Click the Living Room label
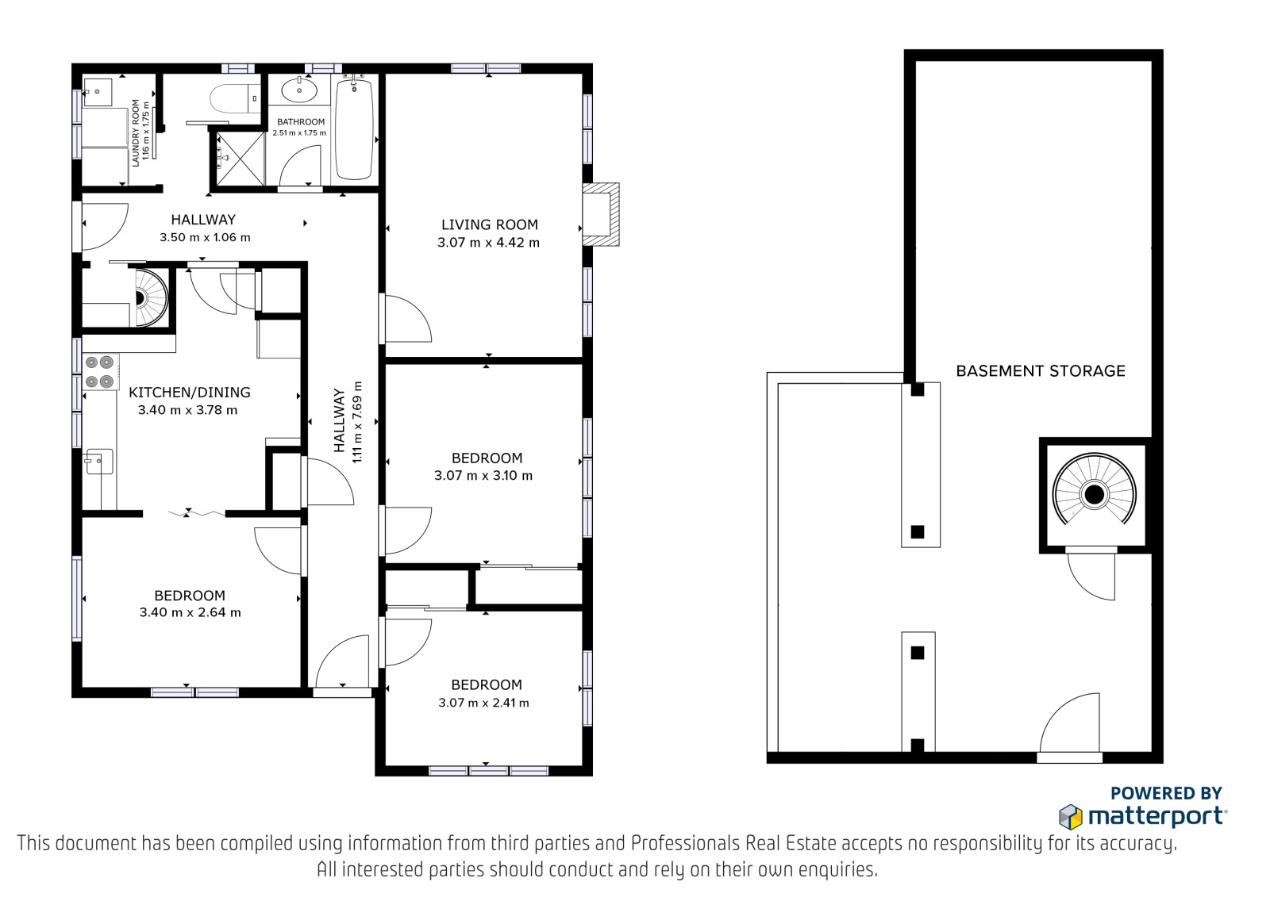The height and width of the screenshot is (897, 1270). pos(490,225)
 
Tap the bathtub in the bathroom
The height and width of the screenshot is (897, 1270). pos(354,129)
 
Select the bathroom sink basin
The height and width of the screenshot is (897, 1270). pos(298,90)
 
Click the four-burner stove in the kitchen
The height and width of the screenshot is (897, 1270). pos(101,372)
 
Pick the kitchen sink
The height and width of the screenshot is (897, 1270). pos(98,462)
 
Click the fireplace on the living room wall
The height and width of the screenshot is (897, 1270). pos(602,214)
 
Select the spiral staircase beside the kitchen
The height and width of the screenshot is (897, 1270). pos(151,297)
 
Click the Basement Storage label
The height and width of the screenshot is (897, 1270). pos(1041,371)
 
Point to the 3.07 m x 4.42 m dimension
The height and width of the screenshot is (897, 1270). pos(488,243)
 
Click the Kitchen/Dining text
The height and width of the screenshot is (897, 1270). pos(190,392)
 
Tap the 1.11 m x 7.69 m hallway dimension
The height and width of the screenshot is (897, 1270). pos(357,422)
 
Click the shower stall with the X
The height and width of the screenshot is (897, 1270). pos(241,159)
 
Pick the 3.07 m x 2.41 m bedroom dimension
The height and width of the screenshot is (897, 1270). pos(483,703)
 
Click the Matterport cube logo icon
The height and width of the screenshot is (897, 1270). pos(1071,817)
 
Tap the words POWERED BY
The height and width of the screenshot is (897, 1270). pos(1166,793)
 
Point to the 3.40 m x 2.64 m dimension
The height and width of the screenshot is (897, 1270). pos(190,612)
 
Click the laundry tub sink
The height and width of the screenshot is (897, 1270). pos(98,92)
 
